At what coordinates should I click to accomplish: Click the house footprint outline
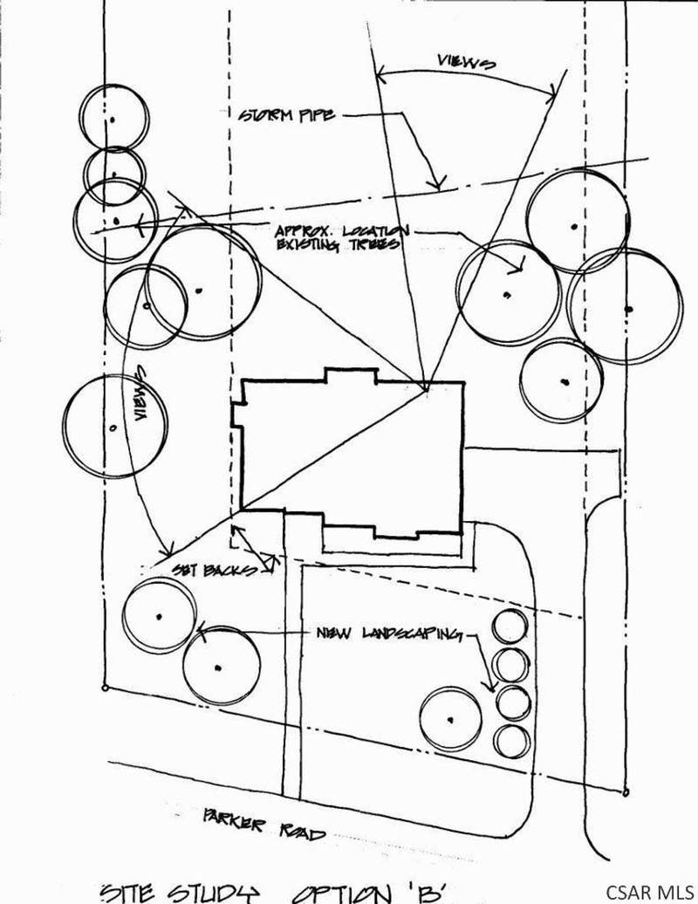[349, 458]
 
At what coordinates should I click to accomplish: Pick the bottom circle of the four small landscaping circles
[511, 741]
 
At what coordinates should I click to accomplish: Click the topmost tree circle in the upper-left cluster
[113, 116]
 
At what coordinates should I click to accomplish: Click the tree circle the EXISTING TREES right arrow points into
[508, 290]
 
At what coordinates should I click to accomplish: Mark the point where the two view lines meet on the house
[425, 390]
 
